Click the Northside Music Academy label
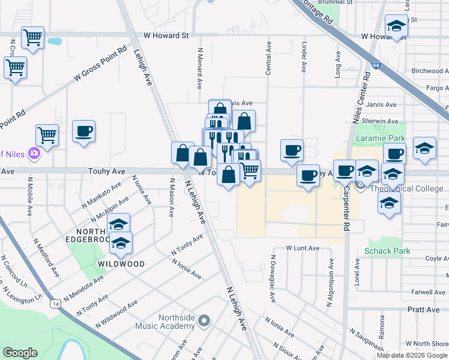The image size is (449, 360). click(176, 322)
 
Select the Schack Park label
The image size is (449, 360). click(388, 251)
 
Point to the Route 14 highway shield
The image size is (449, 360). click(55, 304)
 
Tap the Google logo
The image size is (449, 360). click(20, 353)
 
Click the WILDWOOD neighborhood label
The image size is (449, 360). click(122, 264)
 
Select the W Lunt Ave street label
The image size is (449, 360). click(302, 247)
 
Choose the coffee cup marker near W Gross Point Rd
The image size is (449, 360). click(83, 131)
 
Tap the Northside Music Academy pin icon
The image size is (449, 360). click(203, 322)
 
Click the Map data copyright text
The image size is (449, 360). click(412, 355)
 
